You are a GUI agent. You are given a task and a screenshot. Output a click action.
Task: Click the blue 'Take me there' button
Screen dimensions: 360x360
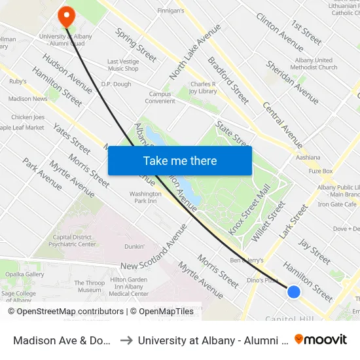click(x=180, y=161)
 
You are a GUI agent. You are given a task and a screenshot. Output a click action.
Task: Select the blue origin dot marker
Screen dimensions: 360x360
click(x=294, y=292)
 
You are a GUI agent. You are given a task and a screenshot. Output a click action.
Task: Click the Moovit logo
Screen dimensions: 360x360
click(x=321, y=339)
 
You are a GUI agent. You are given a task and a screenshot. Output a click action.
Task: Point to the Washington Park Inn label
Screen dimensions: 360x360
click(x=145, y=197)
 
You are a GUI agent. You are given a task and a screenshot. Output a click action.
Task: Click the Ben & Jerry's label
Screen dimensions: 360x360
click(x=246, y=260)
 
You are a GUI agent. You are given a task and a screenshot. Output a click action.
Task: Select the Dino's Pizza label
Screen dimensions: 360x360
click(x=262, y=280)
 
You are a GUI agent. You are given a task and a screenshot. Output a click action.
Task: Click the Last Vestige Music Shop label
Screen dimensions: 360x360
click(x=123, y=65)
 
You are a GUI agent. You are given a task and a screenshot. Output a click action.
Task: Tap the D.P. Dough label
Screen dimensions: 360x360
click(x=116, y=84)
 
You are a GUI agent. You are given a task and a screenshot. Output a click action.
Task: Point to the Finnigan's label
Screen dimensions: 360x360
click(x=171, y=11)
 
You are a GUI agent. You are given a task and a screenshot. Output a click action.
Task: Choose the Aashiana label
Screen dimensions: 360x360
click(x=308, y=158)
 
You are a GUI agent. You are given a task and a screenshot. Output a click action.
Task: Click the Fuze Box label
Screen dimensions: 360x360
click(x=321, y=171)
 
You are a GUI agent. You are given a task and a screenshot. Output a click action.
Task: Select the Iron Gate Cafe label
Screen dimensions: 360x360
click(x=338, y=204)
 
